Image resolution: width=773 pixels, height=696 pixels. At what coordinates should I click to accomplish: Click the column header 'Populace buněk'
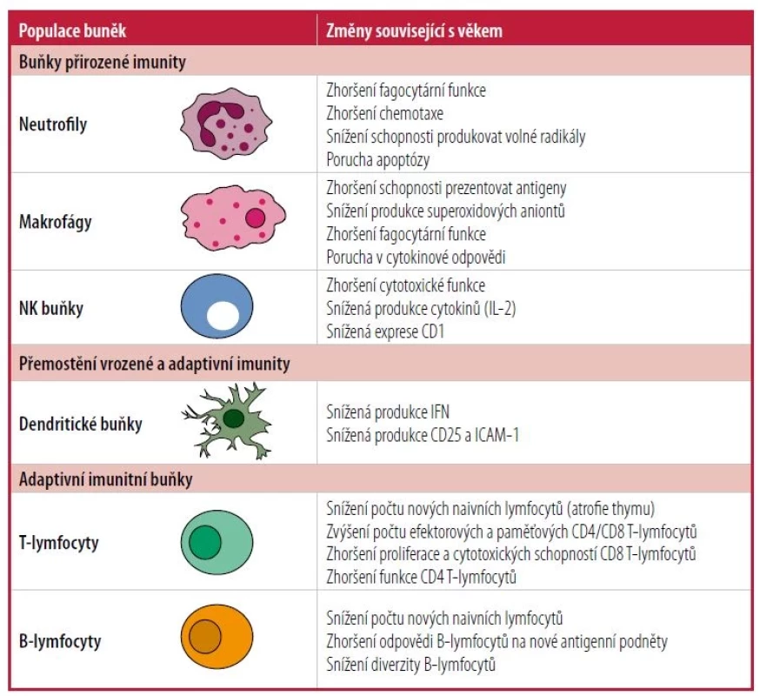click(72, 31)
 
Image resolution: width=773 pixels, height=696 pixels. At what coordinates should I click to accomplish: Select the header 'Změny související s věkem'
click(414, 31)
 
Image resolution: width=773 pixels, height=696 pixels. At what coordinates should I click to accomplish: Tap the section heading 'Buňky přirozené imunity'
click(103, 63)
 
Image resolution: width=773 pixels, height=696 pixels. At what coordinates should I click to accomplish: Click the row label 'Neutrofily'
click(53, 124)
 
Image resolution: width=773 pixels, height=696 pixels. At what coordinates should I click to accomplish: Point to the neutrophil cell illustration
click(226, 124)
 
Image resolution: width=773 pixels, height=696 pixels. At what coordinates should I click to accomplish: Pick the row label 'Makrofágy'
click(56, 222)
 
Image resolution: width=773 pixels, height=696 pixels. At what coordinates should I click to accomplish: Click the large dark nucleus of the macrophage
click(255, 217)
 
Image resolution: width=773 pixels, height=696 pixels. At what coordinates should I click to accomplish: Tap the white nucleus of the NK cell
click(223, 316)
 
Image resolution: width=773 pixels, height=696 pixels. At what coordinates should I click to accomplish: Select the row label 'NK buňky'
click(51, 309)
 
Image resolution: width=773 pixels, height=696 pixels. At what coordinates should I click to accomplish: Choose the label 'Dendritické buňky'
click(80, 425)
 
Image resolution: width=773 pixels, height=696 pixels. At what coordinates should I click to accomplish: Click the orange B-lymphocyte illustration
click(217, 637)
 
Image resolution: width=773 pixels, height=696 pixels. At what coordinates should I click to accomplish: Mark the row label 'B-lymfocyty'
click(60, 641)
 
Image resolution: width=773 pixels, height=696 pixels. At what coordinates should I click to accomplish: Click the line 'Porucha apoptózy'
click(377, 160)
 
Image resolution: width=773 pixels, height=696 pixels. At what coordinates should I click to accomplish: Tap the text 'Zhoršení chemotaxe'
click(384, 113)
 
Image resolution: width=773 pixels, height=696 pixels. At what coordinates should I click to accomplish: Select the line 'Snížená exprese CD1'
click(385, 331)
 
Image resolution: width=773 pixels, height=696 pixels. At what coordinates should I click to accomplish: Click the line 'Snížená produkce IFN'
click(388, 412)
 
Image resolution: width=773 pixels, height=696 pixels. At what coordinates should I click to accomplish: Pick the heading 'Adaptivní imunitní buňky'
click(105, 479)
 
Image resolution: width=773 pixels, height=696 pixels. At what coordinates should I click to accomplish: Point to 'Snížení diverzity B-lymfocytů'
click(410, 665)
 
